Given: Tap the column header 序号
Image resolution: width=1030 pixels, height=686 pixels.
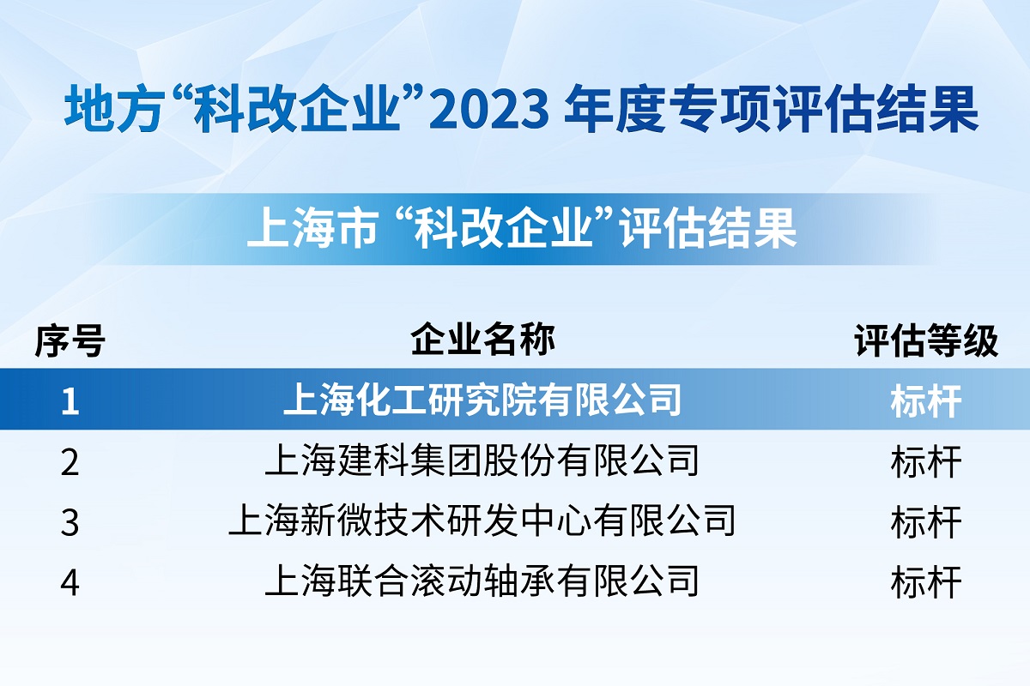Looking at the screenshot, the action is pos(70,340).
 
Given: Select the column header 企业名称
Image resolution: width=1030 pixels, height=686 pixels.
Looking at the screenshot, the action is pos(482,340).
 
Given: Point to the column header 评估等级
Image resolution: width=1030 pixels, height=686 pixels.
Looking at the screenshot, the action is pos(926,340).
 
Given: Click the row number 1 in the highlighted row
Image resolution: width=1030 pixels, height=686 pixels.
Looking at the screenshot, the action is pos(70,401).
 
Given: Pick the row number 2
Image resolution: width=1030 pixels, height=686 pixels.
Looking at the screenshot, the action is pos(70,462).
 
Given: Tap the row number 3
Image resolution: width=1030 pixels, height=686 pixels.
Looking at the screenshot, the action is pos(70,523).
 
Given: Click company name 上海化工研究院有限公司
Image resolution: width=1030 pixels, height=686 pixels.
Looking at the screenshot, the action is pos(482,400).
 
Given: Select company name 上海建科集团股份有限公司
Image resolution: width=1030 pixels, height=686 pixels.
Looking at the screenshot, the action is pos(482,460).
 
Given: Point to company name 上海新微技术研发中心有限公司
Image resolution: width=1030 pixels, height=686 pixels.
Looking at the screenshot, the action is pos(482,521).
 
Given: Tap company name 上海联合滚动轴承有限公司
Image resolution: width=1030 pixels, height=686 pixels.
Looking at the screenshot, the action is pos(482,581).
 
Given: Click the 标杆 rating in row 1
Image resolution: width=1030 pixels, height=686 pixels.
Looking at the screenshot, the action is pos(926,401).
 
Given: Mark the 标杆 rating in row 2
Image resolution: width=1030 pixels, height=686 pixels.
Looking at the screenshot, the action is pos(926,462).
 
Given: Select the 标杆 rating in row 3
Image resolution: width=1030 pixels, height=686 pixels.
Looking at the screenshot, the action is pos(926,522).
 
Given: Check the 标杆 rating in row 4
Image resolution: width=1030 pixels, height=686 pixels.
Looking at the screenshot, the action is pos(926,582).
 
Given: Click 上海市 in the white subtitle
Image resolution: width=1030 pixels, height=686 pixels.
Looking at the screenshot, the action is pos(313,228).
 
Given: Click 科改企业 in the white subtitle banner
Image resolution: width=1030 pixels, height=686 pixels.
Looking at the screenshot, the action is pos(503,228).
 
